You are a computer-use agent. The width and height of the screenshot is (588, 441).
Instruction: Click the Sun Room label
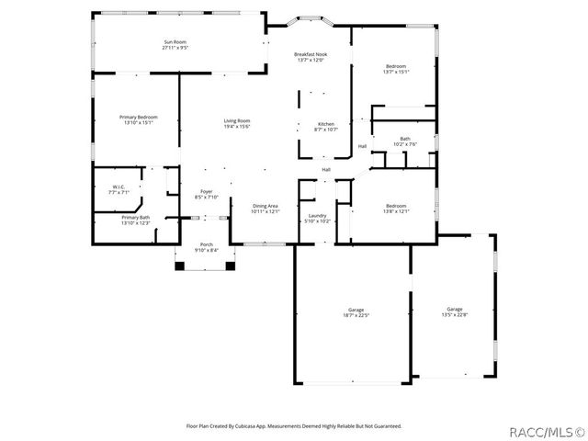click(175, 41)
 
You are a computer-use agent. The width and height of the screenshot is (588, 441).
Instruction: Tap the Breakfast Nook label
click(310, 55)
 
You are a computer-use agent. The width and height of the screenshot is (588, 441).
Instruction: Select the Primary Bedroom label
click(139, 117)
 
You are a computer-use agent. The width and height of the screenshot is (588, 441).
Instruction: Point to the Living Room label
click(237, 120)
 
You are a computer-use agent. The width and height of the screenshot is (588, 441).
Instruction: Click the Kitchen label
click(326, 124)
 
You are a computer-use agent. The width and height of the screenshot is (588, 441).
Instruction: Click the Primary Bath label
click(136, 218)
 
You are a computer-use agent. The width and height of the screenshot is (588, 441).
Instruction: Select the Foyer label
click(206, 192)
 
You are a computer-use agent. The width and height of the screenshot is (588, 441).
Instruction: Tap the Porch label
click(206, 244)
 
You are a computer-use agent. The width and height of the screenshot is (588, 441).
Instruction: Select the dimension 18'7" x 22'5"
click(356, 315)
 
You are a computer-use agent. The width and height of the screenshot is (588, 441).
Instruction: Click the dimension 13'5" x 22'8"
click(455, 315)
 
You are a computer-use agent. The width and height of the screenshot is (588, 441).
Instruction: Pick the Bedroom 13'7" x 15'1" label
click(397, 67)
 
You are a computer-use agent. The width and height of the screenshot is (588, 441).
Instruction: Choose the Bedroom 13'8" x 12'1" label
click(397, 206)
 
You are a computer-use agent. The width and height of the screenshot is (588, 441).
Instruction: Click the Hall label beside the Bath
click(362, 146)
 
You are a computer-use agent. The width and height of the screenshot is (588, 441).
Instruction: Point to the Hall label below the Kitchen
click(326, 169)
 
